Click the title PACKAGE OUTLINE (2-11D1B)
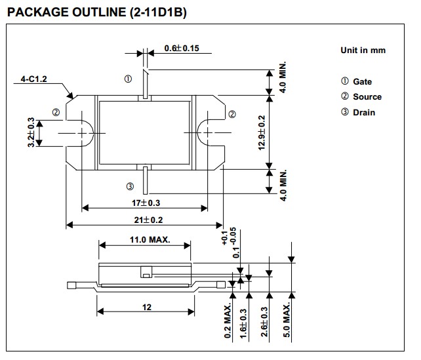[x=96, y=12]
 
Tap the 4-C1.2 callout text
[x=34, y=79]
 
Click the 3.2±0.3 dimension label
[x=31, y=133]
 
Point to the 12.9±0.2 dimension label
[x=262, y=133]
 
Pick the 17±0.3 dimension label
[x=144, y=203]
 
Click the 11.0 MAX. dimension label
[x=145, y=239]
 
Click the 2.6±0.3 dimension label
[x=265, y=321]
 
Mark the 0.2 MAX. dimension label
[x=228, y=321]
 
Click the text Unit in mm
[x=363, y=50]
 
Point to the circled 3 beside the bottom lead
[x=129, y=186]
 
